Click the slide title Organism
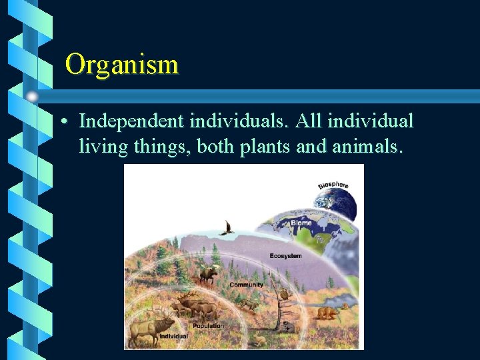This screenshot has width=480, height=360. point(122,65)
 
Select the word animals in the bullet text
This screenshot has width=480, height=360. point(366,146)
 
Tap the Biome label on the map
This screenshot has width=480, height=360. point(301,223)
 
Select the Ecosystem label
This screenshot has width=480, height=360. point(285,256)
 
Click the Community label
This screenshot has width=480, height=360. point(246,285)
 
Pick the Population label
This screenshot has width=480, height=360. point(208,326)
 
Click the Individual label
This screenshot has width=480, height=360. point(173,337)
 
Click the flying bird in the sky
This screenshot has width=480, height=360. point(227,229)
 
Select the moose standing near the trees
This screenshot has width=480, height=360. point(207,273)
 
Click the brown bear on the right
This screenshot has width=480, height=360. point(327,312)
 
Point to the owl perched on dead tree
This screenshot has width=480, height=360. point(283,294)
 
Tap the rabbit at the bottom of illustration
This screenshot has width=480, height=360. point(259,340)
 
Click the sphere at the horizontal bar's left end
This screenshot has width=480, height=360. point(32,97)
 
